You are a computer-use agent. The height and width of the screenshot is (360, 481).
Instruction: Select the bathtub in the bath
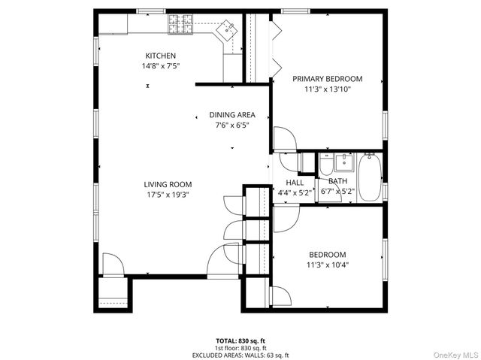(x=369, y=177)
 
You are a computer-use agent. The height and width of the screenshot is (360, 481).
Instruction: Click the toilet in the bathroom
(x=327, y=164)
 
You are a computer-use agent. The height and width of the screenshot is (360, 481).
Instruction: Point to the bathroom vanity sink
(x=346, y=162)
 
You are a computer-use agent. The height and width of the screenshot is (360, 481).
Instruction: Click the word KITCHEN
(x=161, y=56)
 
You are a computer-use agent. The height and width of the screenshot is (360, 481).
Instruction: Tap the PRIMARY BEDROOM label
(x=327, y=79)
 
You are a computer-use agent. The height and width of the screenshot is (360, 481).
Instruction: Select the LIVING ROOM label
(x=168, y=184)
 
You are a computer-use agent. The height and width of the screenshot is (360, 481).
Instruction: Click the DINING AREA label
(x=231, y=115)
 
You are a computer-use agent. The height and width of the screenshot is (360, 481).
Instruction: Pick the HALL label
(x=295, y=183)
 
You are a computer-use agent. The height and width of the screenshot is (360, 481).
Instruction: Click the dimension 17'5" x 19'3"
(x=168, y=194)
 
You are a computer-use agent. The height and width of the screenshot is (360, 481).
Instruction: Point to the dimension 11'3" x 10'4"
(x=327, y=265)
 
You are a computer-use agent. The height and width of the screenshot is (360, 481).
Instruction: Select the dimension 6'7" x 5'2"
(x=337, y=192)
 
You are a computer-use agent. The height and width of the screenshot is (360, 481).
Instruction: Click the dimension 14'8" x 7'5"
(x=161, y=66)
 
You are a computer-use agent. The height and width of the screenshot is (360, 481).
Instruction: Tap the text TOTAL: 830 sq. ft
(x=240, y=340)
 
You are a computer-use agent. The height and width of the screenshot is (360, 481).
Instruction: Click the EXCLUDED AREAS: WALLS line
(x=240, y=355)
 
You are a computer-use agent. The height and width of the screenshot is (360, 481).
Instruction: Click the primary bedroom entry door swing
(x=284, y=140)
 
